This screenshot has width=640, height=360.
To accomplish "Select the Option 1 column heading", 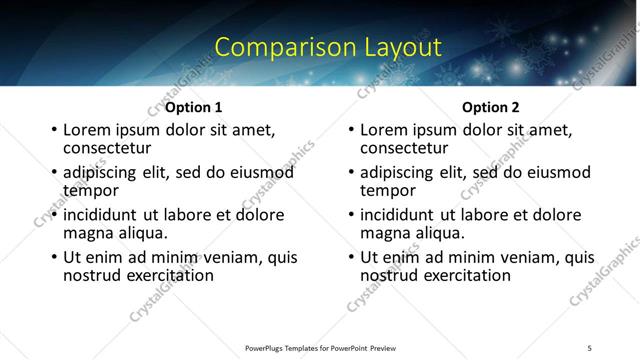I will click(x=193, y=107).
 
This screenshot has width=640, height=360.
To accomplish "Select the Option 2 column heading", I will click(x=491, y=107).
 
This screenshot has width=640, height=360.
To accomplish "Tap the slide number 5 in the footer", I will click(x=589, y=347).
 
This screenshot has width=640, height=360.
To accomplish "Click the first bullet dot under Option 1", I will click(x=54, y=130).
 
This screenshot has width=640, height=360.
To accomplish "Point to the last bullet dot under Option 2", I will click(x=351, y=258).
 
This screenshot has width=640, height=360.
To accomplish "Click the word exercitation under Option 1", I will click(x=165, y=275).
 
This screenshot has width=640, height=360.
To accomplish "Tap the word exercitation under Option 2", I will click(x=462, y=275).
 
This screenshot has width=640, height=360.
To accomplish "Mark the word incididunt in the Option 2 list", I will click(x=397, y=215).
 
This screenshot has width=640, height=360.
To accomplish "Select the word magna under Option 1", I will click(x=87, y=233).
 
